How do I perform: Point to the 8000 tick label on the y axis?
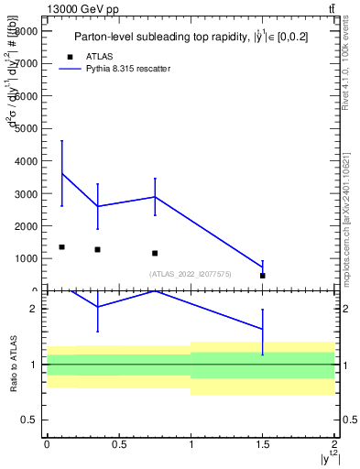(x=26, y=31)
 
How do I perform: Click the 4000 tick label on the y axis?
(x=26, y=161)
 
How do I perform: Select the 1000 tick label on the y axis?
(x=26, y=258)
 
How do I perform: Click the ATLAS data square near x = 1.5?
(x=263, y=276)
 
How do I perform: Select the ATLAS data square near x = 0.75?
(x=155, y=253)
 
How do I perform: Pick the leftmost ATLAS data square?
(x=61, y=247)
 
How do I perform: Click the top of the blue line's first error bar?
(x=61, y=141)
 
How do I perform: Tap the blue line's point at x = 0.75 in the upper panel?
(x=155, y=197)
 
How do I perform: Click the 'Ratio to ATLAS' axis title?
(x=14, y=365)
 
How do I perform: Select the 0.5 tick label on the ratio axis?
(x=30, y=420)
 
